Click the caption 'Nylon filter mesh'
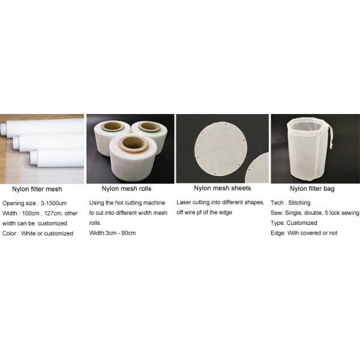[37, 189]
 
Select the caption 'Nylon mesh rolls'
[125, 189]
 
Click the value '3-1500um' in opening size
[58, 203]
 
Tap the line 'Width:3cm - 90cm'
[112, 233]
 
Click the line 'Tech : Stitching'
[290, 203]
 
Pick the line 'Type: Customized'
[294, 223]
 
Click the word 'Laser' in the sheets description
[185, 203]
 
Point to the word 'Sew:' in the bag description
[277, 213]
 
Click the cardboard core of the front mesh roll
[133, 144]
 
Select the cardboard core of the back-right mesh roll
[150, 128]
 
